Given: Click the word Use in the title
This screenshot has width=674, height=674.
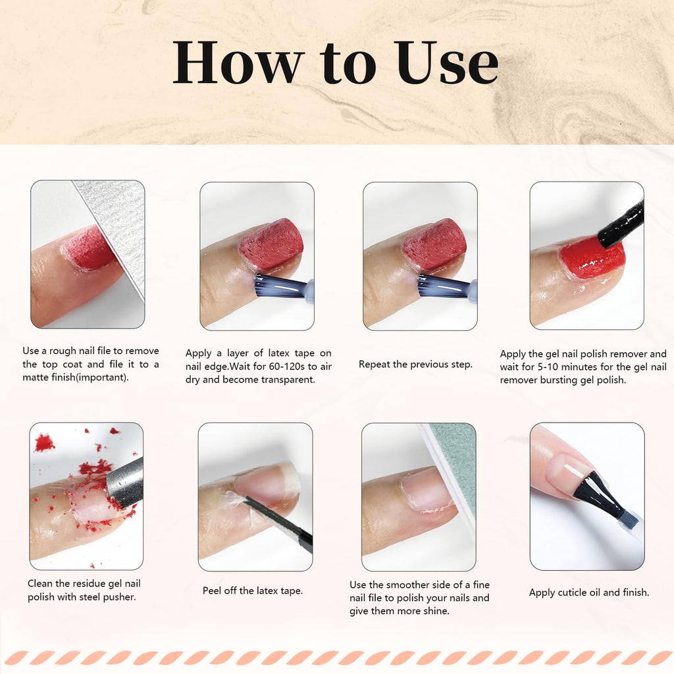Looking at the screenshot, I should tap(448, 63).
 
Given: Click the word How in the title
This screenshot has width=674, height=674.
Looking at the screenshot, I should tap(237, 63).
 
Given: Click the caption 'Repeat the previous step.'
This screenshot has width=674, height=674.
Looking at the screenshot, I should tap(415, 364).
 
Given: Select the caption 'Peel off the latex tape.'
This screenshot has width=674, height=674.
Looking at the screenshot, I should tap(253, 590).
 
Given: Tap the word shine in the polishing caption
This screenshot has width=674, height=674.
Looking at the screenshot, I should tap(435, 611).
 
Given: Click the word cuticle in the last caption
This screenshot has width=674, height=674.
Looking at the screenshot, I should tap(570, 592).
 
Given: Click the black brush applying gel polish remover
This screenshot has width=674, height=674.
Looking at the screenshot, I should tap(622, 224).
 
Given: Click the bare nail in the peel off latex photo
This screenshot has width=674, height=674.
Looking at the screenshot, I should tap(267, 484).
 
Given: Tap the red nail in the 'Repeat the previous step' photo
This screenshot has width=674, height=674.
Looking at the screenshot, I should tap(434, 244).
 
